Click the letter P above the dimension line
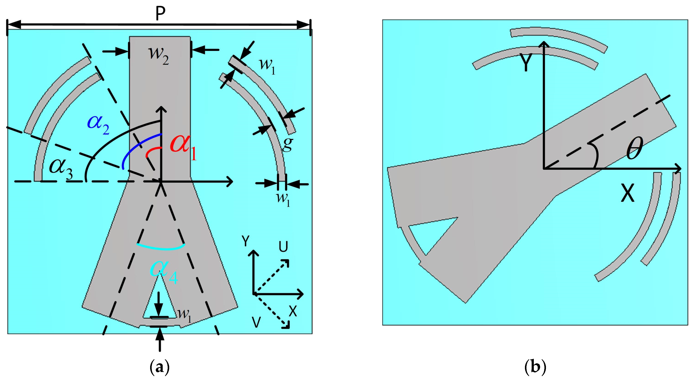pyautogui.click(x=160, y=13)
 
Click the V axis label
pyautogui.click(x=256, y=322)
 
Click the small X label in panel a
pyautogui.click(x=293, y=312)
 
